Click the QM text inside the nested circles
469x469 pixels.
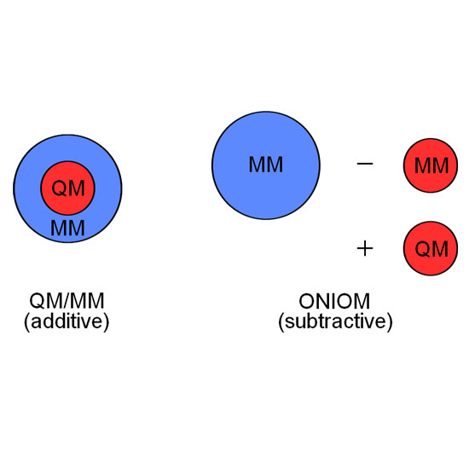(x=68, y=188)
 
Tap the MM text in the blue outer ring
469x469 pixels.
(x=67, y=228)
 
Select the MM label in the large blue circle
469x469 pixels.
(x=266, y=165)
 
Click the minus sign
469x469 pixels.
(x=365, y=164)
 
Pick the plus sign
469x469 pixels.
(x=365, y=248)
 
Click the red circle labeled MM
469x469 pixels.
(x=431, y=165)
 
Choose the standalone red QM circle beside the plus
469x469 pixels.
(x=431, y=248)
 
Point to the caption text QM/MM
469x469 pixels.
(x=67, y=301)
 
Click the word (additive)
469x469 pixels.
(x=67, y=321)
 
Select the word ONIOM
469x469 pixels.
(x=334, y=301)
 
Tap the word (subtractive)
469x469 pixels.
(x=335, y=321)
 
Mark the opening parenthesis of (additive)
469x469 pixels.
(x=27, y=322)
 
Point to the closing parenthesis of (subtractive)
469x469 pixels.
(x=390, y=322)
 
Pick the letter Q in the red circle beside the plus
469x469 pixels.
(x=423, y=249)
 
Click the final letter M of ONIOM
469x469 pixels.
(x=362, y=301)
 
